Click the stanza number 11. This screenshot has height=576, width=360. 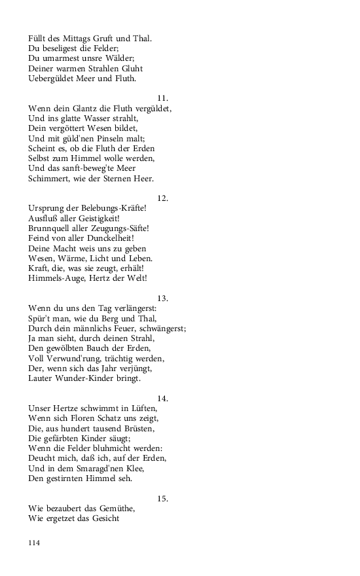163,98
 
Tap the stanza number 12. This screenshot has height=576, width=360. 163,198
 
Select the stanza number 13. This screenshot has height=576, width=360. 163,298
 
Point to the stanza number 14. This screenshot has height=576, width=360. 163,398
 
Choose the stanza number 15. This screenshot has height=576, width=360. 163,498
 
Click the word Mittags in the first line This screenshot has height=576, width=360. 81,39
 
